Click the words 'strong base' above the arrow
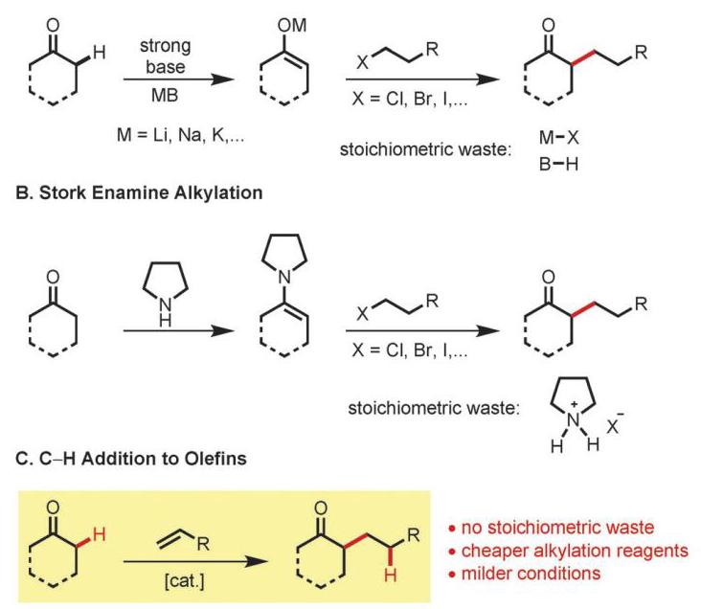point(166,56)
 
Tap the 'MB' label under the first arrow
point(165,95)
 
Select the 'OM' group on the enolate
point(292,25)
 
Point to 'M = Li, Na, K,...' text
point(180,135)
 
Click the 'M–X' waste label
point(558,137)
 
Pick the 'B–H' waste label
point(558,164)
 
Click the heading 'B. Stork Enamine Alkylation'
point(139,192)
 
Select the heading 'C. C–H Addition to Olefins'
point(131,459)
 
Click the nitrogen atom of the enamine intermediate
point(283,278)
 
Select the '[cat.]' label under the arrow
point(184,581)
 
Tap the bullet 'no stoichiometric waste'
point(552,528)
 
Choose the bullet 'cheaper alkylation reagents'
point(568,551)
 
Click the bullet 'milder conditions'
point(525,574)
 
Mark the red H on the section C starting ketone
point(99,534)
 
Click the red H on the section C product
point(391,575)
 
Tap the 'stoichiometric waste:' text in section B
point(434,408)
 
